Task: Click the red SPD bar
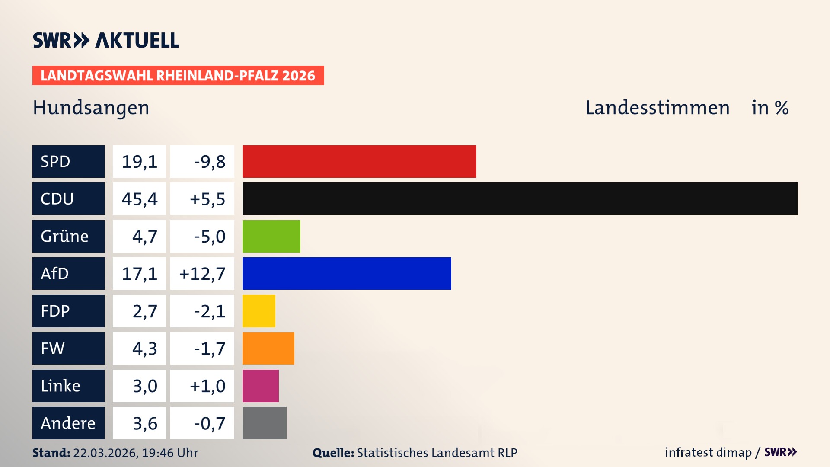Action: (359, 161)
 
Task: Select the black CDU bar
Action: (520, 198)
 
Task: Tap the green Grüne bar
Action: (271, 236)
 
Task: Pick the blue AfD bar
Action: (346, 273)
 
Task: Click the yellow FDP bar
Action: (259, 311)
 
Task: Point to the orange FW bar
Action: (268, 348)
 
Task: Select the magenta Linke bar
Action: (260, 386)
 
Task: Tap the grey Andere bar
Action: (264, 423)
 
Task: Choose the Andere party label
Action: (68, 423)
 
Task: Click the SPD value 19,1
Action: (139, 161)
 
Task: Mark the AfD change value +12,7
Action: (202, 273)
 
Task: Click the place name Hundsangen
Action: (91, 108)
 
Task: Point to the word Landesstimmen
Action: (657, 108)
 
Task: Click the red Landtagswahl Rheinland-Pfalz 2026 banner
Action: (178, 75)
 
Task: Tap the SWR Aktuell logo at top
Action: (105, 40)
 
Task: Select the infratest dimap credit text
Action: (708, 452)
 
